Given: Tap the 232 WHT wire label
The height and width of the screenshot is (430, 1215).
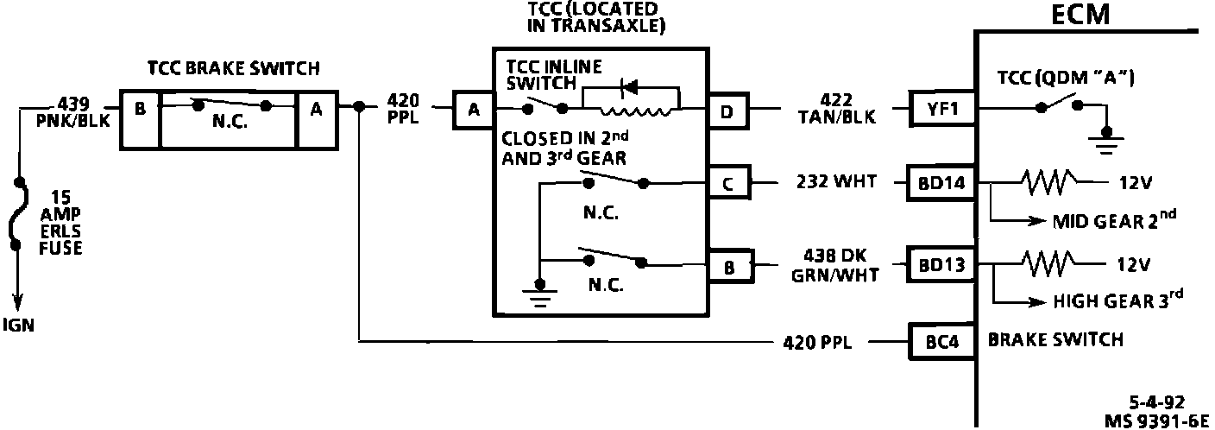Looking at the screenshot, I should (833, 183).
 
